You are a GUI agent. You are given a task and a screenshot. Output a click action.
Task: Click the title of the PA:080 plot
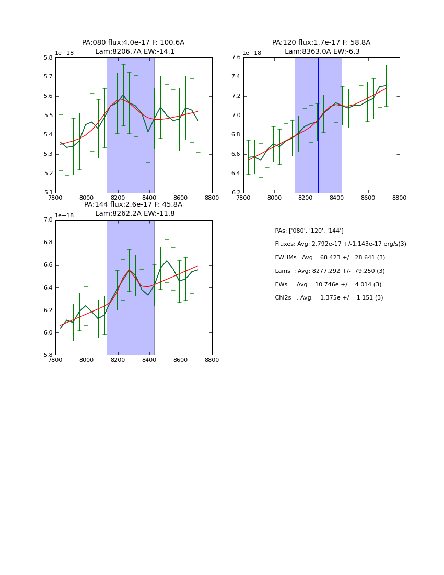click(133, 47)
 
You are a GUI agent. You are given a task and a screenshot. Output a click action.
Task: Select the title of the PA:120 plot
click(321, 47)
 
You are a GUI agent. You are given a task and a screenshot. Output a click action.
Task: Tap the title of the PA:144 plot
click(133, 209)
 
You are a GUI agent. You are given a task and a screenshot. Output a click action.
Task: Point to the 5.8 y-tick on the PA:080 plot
click(48, 57)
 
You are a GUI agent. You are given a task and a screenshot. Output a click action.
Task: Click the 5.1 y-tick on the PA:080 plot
click(48, 193)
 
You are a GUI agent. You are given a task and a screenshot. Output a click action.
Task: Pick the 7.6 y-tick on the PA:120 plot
click(236, 57)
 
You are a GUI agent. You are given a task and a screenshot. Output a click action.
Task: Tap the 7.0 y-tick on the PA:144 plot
click(48, 220)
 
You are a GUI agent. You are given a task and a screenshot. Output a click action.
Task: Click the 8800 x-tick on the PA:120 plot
click(400, 198)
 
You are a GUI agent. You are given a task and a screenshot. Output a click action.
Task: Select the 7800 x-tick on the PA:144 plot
click(55, 360)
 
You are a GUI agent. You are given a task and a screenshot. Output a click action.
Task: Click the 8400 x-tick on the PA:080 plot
click(149, 198)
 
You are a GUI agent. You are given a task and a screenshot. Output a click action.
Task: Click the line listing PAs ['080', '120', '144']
click(309, 231)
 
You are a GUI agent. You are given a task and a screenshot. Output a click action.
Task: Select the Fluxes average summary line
click(341, 244)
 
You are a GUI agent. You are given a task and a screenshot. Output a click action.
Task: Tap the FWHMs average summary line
click(330, 257)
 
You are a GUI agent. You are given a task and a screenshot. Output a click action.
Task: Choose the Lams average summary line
click(330, 271)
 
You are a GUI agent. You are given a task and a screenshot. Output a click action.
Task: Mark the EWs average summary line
click(328, 284)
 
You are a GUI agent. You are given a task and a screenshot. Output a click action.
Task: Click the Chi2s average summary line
click(329, 297)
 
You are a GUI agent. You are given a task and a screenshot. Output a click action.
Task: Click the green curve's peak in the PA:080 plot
click(123, 95)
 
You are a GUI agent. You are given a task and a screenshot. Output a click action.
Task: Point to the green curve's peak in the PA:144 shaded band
click(129, 270)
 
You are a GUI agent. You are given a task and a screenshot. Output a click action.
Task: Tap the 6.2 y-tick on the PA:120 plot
click(236, 193)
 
